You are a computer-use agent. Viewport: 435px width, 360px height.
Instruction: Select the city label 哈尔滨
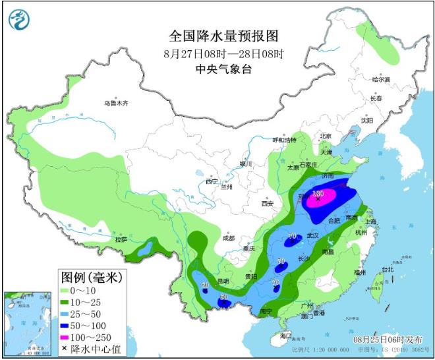click(x=381, y=79)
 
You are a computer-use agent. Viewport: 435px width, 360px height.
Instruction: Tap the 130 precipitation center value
click(x=318, y=194)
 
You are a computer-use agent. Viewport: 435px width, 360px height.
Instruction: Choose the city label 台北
click(x=387, y=269)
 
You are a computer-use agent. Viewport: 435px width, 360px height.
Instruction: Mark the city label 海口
click(x=285, y=336)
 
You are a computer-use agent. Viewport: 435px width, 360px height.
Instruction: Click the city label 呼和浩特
click(x=286, y=140)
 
